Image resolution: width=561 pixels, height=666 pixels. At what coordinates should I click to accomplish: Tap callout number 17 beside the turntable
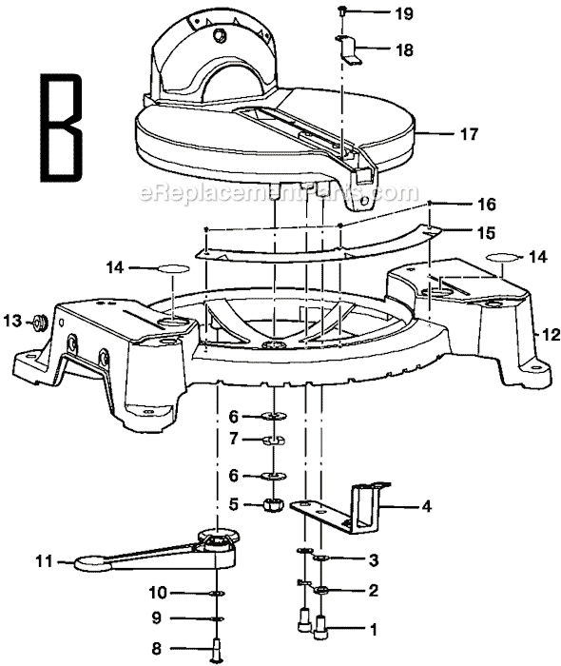pos(469,135)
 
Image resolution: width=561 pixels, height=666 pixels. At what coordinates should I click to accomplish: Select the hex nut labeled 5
pos(271,505)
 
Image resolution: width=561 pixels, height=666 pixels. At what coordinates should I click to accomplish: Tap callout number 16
pos(459,205)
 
